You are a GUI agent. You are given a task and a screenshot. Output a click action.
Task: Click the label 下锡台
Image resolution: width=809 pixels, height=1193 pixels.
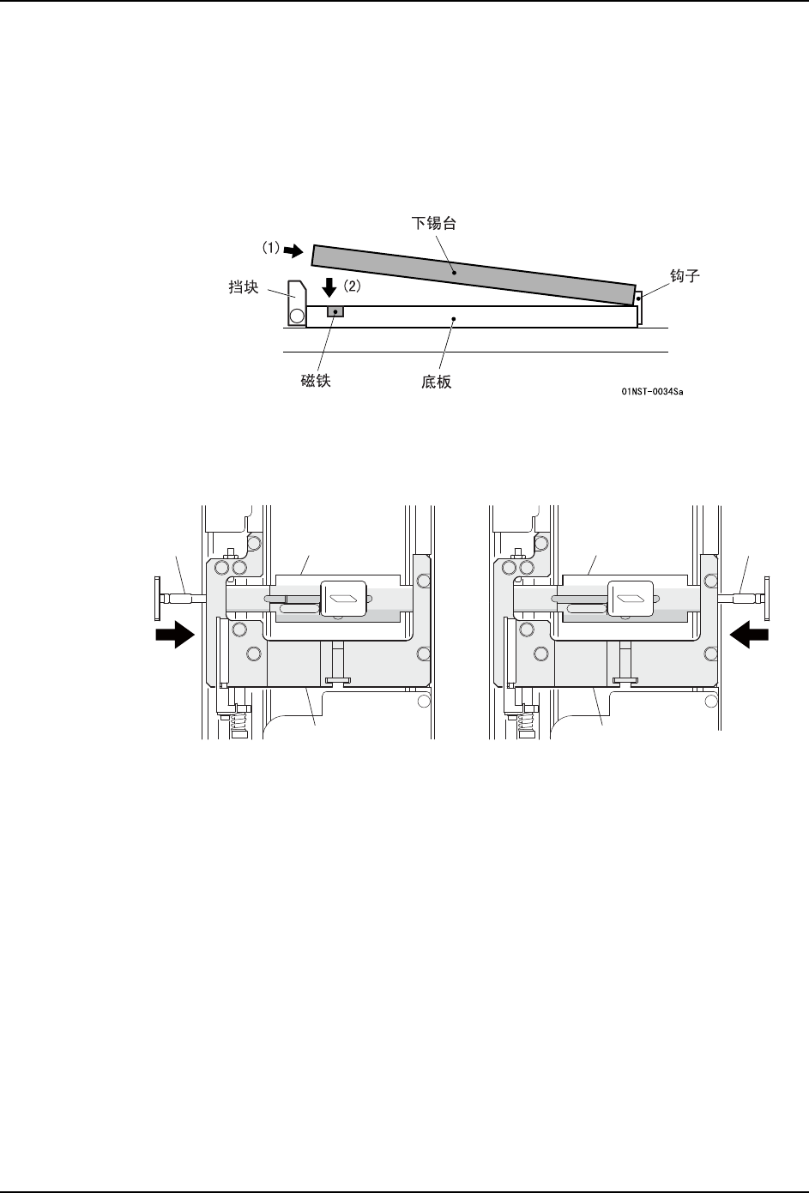[433, 223]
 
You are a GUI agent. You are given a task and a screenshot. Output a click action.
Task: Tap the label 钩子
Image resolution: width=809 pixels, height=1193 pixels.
[685, 276]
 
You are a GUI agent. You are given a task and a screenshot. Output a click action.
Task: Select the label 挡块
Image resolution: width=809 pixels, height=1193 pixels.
[244, 287]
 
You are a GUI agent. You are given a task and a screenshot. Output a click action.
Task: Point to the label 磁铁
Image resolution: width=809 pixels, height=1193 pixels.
[316, 381]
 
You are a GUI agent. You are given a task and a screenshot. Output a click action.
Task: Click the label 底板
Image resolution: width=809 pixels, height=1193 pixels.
[436, 382]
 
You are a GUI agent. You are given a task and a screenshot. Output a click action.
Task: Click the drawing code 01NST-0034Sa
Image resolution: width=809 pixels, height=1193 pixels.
[652, 391]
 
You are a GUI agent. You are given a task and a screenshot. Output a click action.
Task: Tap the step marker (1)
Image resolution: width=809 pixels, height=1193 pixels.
[270, 248]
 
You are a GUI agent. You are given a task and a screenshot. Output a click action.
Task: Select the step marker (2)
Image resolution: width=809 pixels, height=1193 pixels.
[352, 286]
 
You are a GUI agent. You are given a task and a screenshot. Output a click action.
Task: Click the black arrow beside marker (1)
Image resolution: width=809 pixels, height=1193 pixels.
[293, 250]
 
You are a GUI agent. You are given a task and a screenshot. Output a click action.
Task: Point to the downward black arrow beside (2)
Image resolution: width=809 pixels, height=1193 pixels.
[329, 287]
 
